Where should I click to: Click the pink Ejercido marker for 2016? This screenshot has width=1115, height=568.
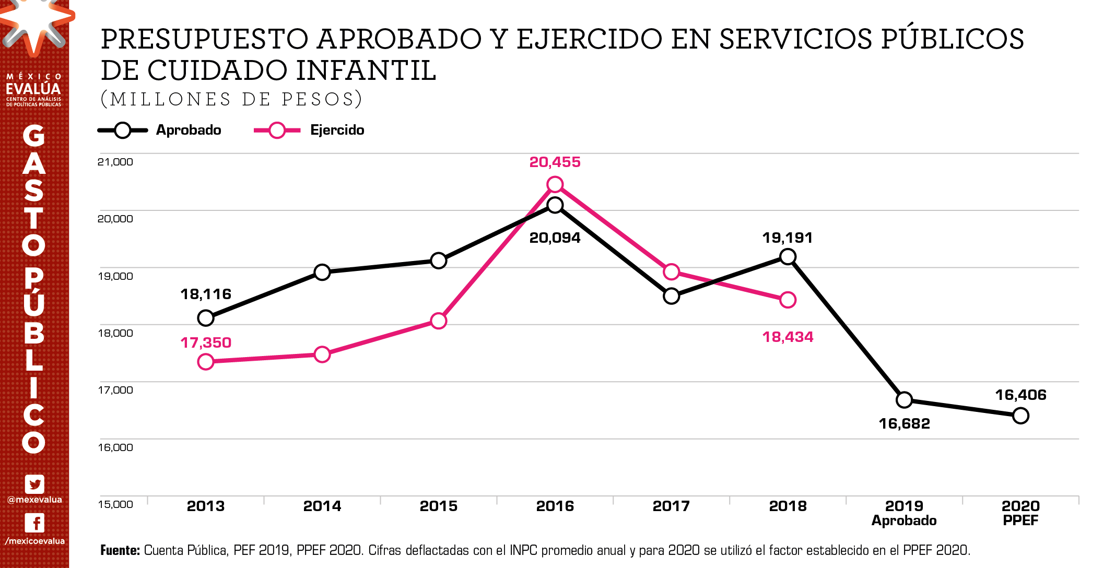pos(555,184)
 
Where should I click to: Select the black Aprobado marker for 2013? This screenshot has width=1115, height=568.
pos(206,318)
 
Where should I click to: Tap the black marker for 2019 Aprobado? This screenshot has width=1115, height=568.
pos(904,400)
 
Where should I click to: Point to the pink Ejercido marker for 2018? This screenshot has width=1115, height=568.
pos(788,300)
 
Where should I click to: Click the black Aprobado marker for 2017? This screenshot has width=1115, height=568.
pos(671,296)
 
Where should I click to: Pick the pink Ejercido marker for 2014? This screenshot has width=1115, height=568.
pos(322,354)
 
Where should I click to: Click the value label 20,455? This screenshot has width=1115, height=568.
pos(555,162)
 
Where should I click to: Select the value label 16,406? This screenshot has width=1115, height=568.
pos(1020,395)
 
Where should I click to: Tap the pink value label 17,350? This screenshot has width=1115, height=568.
pos(206,342)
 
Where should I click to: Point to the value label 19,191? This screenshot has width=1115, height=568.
pos(788,238)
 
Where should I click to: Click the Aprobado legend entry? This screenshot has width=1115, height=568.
pos(160,130)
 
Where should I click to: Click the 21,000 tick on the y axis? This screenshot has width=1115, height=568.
pos(115,162)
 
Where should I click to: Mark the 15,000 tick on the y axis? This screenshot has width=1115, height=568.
pos(115,504)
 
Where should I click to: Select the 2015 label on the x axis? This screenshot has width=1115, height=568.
pos(439,506)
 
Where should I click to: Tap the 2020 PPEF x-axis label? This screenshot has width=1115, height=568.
pos(1020,513)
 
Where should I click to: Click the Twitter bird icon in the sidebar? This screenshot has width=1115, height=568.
pos(34,484)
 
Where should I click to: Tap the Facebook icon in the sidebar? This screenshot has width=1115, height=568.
pos(34,523)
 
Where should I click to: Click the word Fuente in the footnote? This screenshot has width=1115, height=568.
pos(120,550)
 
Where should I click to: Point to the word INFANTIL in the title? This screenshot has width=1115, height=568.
pos(366,70)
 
